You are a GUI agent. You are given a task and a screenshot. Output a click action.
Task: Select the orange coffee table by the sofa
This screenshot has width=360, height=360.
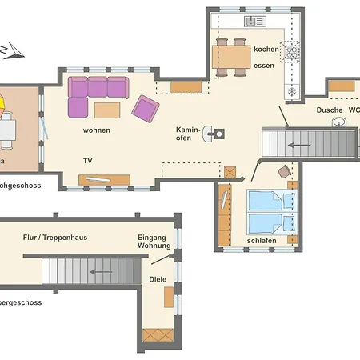(107, 109)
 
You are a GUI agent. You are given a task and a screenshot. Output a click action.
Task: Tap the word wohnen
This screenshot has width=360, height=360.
(96, 130)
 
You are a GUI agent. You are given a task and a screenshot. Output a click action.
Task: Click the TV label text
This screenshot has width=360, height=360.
(87, 161)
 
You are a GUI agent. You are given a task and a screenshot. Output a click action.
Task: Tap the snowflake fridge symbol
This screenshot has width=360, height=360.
(291, 92)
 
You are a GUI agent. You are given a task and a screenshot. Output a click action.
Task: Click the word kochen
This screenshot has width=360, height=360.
(266, 50)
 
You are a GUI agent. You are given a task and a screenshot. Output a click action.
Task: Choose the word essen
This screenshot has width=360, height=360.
(264, 66)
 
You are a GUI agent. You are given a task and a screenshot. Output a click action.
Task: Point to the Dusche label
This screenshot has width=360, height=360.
(330, 110)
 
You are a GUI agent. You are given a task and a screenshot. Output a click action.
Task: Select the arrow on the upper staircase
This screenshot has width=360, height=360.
(300, 146)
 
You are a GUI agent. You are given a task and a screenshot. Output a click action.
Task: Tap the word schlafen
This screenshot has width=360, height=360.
(262, 239)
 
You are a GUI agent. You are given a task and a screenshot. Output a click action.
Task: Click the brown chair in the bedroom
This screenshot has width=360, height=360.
(285, 172)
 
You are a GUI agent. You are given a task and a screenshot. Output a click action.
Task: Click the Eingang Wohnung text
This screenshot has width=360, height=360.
(154, 241)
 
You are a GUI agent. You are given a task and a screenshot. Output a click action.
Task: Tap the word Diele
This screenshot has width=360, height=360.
(158, 279)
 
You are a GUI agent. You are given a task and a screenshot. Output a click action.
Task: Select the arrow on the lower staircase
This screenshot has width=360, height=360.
(101, 272)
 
